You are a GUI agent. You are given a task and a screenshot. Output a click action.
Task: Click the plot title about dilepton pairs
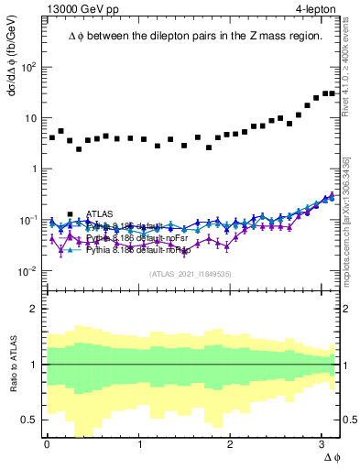(x=195, y=36)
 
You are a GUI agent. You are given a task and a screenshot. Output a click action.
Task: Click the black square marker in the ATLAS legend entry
(x=71, y=214)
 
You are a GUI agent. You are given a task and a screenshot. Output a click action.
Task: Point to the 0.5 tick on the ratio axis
(x=31, y=420)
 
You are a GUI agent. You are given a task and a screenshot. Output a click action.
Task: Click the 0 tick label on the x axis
(x=47, y=445)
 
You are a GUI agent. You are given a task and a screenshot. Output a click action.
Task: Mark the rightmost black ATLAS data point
(x=332, y=93)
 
